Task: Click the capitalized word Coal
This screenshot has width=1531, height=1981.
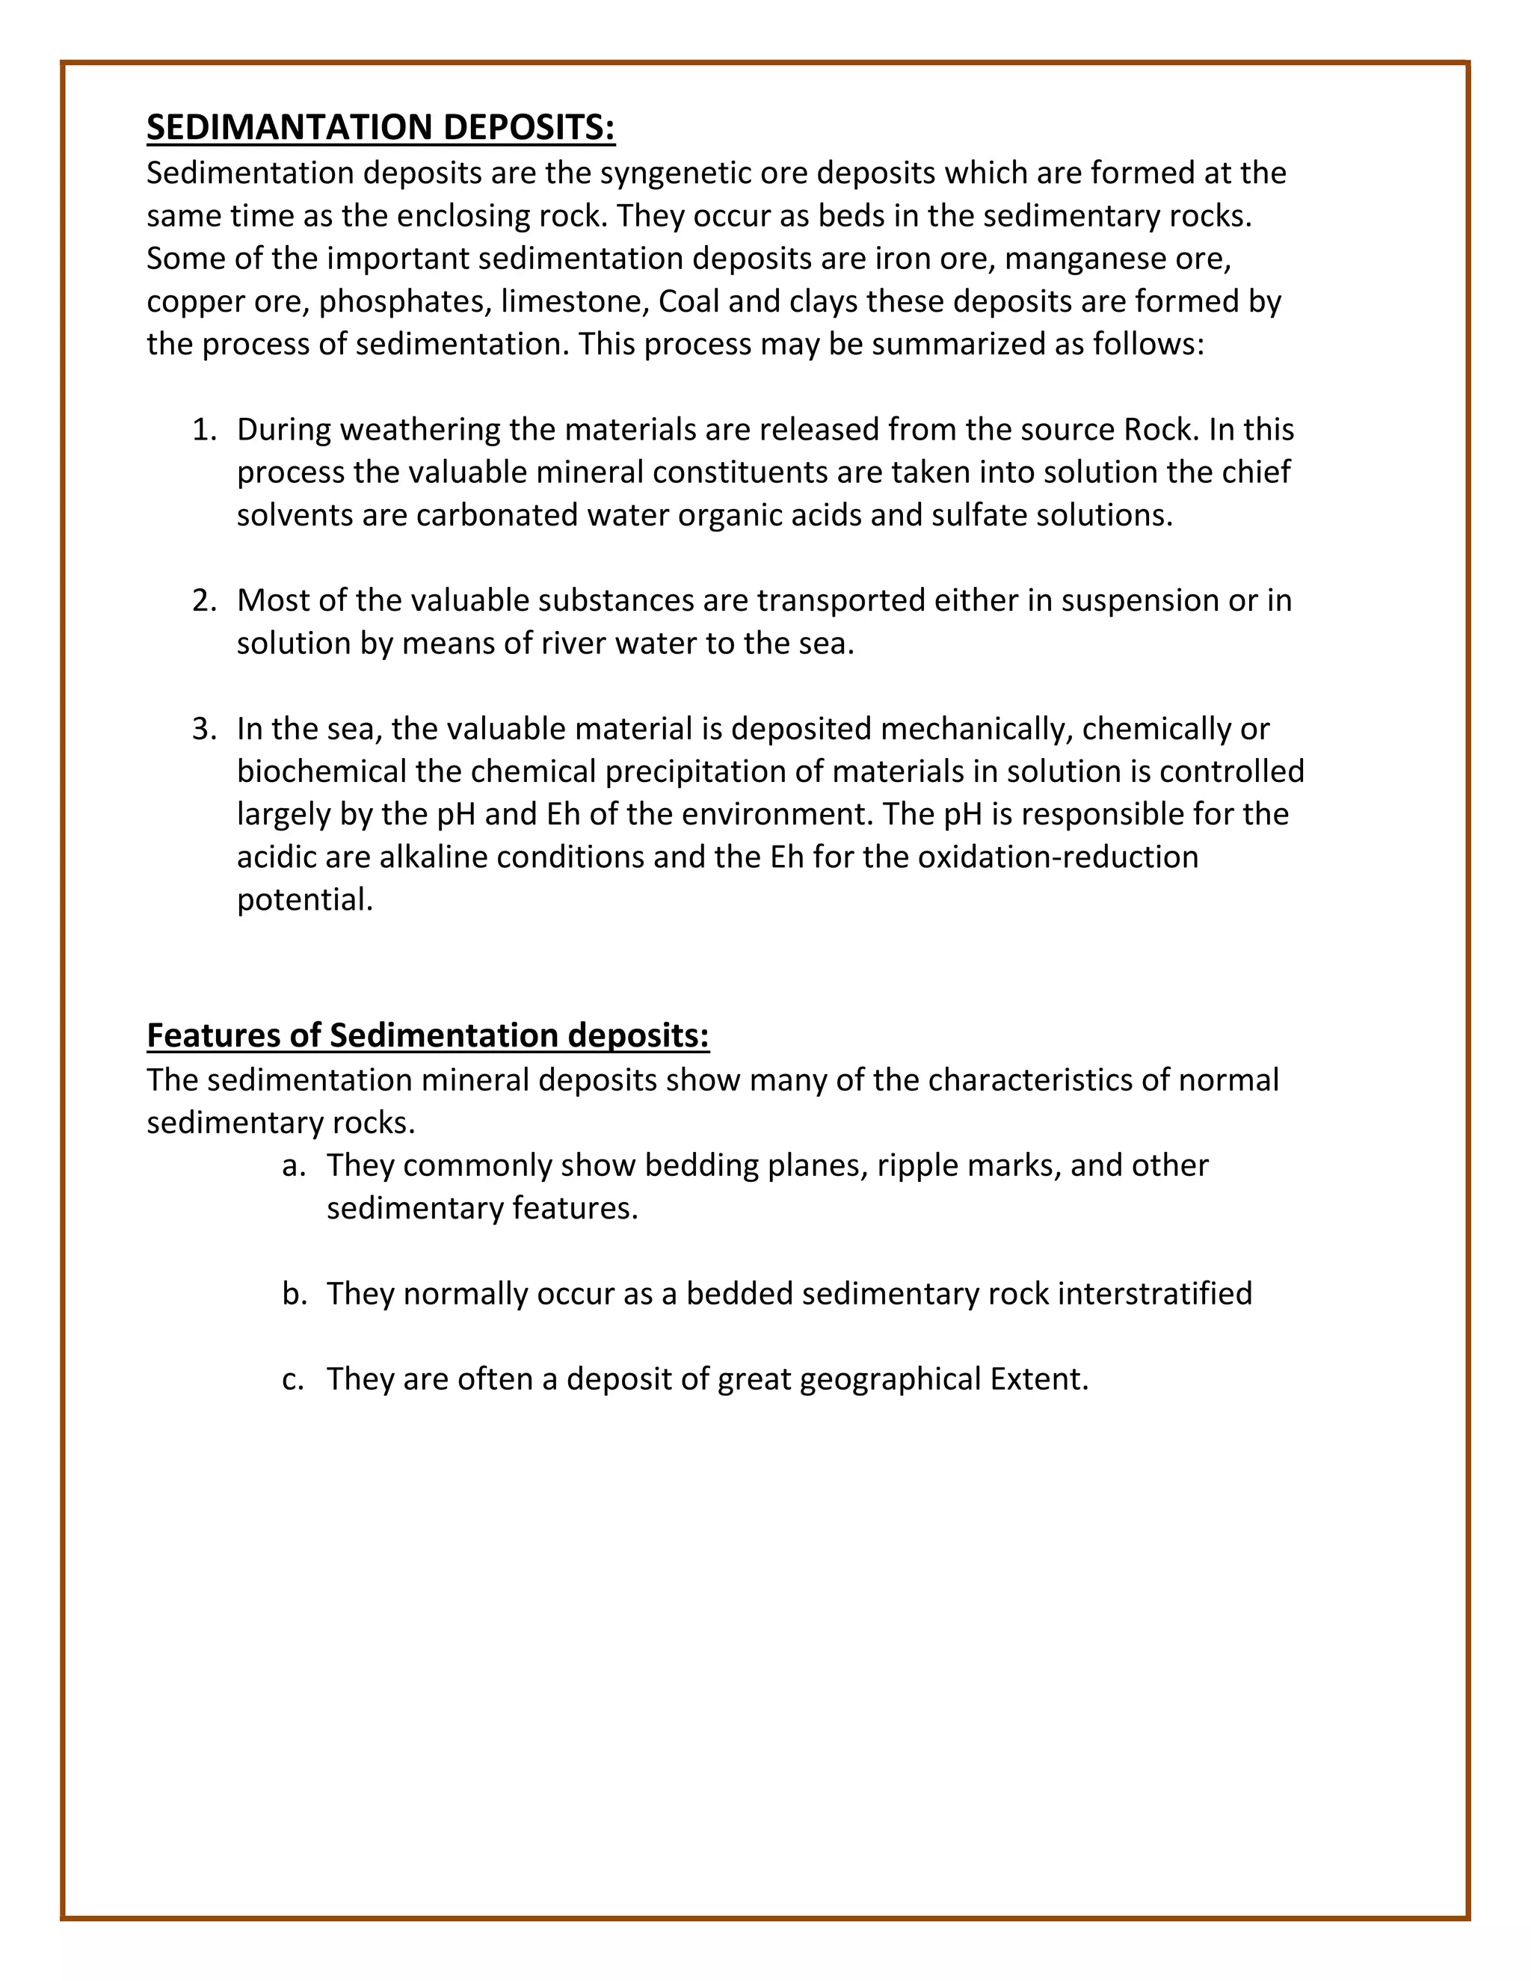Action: tap(689, 301)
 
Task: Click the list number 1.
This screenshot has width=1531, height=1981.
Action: tap(203, 429)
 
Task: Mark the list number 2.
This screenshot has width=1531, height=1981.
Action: tap(203, 600)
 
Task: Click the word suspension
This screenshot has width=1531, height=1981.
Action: tap(1139, 600)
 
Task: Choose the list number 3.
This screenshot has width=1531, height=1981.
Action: tap(203, 728)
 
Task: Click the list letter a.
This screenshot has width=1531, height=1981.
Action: tap(292, 1165)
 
